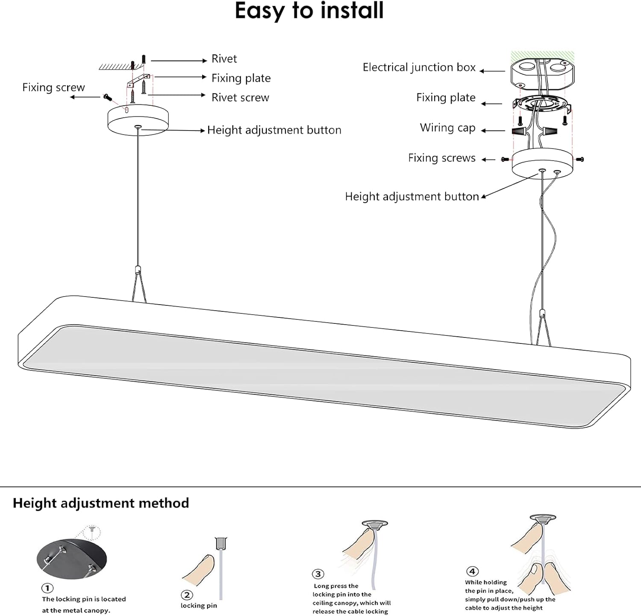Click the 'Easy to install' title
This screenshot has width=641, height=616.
[309, 11]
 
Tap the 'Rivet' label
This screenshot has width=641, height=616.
[224, 59]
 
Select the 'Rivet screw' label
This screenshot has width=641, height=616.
[240, 98]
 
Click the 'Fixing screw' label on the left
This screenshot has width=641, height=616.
[53, 88]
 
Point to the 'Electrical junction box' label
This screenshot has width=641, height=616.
[419, 68]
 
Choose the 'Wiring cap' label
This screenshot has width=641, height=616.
[447, 128]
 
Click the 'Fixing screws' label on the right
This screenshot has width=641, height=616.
[441, 158]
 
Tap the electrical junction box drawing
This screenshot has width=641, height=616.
[542, 73]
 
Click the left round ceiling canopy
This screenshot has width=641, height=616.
[138, 120]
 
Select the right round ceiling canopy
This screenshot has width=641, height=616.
[542, 163]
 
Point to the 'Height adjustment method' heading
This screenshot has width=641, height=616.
[101, 503]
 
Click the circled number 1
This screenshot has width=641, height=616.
[47, 588]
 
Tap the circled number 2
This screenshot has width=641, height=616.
[187, 595]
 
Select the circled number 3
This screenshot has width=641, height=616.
[318, 574]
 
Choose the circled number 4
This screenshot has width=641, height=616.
[472, 571]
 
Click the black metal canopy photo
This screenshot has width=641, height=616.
[72, 558]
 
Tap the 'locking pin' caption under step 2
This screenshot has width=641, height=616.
[199, 606]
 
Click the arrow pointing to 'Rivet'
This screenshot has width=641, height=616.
[179, 61]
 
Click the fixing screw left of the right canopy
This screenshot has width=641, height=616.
[505, 160]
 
